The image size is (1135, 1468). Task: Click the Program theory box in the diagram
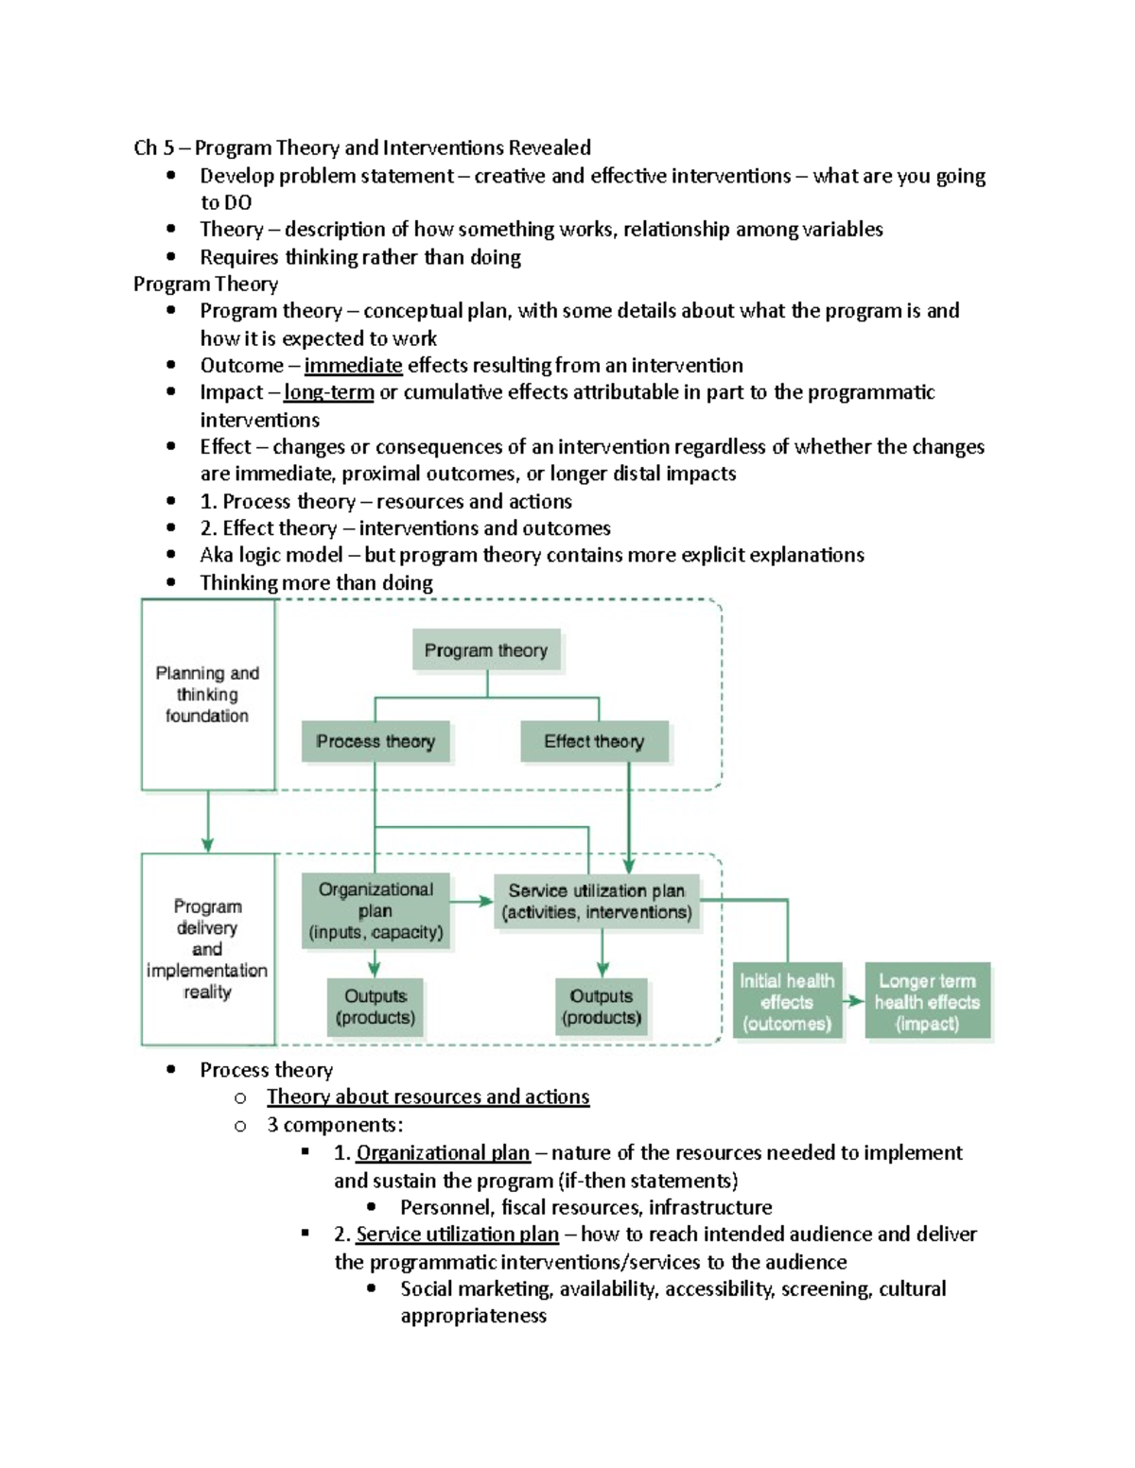click(x=486, y=650)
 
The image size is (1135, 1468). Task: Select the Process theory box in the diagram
click(x=375, y=742)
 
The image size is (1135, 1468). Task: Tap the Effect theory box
click(x=594, y=742)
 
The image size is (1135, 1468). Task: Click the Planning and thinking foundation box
click(x=207, y=695)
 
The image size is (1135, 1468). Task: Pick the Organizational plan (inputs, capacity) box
click(x=375, y=911)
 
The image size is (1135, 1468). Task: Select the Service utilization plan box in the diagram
click(x=597, y=902)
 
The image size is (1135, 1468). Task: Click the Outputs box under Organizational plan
click(x=375, y=1008)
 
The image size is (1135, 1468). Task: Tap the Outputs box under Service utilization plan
click(x=602, y=1008)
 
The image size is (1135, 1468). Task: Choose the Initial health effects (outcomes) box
click(x=786, y=1002)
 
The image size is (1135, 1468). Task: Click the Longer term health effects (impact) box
click(x=927, y=1002)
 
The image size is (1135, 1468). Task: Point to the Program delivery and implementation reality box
click(x=207, y=949)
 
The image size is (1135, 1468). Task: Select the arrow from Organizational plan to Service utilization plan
click(x=471, y=902)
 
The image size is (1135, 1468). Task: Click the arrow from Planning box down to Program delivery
click(x=207, y=822)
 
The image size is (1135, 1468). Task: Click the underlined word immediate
click(x=353, y=366)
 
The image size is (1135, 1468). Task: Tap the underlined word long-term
click(x=328, y=392)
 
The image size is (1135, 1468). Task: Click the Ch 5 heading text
click(x=362, y=147)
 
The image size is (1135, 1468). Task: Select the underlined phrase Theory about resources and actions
click(x=428, y=1097)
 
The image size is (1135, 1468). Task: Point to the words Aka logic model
click(x=271, y=555)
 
